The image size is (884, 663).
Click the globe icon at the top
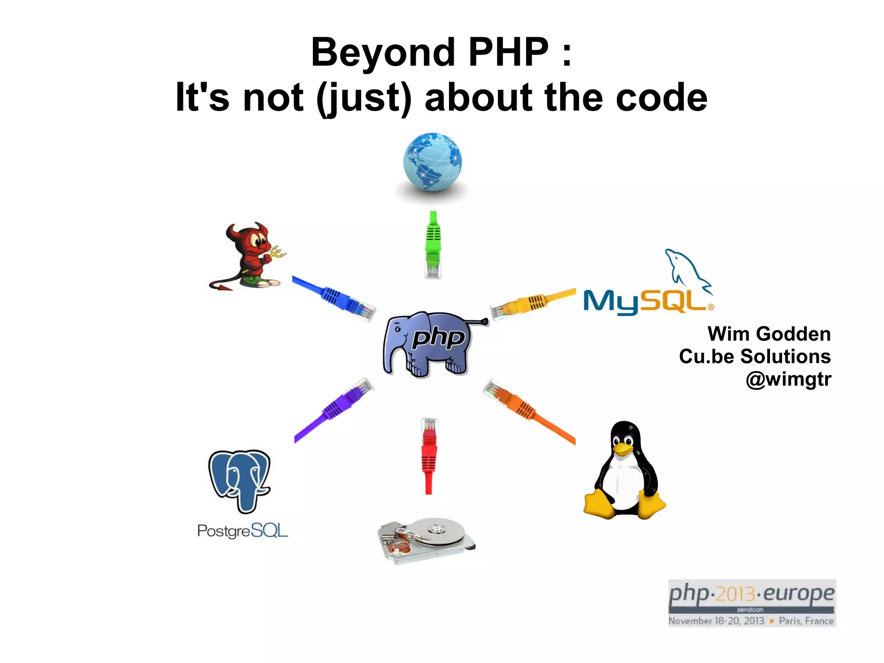coord(433,162)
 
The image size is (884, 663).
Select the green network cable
coord(433,244)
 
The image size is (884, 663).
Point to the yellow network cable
coord(533,303)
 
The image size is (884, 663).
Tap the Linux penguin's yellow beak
coord(623,449)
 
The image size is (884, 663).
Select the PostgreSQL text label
coord(242,530)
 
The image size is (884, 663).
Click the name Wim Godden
coord(769,334)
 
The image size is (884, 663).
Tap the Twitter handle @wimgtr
coord(788,379)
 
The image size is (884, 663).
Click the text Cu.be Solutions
coord(755,356)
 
